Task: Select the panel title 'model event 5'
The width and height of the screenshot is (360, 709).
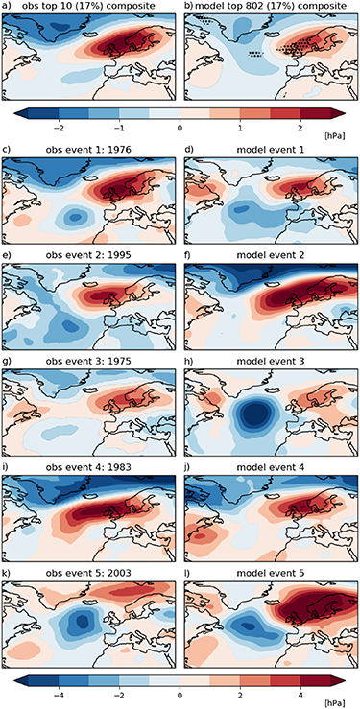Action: (x=268, y=557)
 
